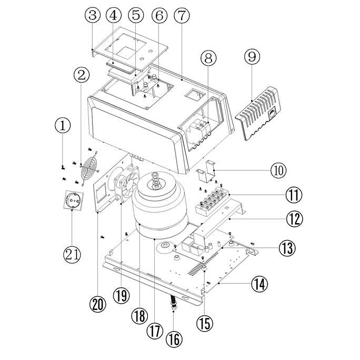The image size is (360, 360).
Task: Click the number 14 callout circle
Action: [259, 284]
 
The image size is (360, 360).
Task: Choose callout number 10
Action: [279, 170]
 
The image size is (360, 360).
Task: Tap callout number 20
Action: [97, 304]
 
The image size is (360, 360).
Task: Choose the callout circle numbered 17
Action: [154, 330]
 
